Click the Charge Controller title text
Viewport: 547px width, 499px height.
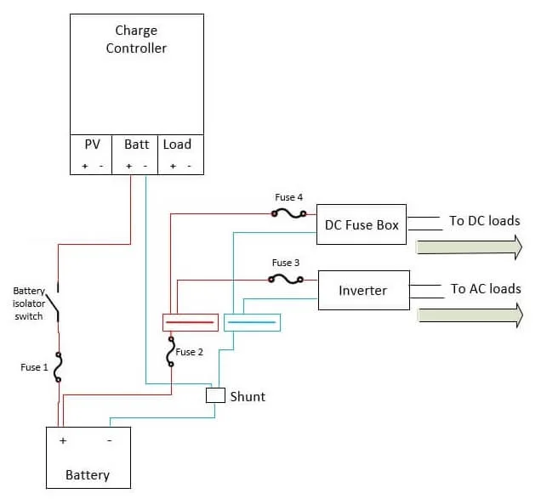(136, 39)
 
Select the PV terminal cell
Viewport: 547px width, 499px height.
(92, 153)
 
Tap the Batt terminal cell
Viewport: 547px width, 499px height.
(136, 153)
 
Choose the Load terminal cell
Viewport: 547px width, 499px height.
(177, 153)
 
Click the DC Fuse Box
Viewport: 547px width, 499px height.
(362, 224)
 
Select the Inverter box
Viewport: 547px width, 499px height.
(363, 291)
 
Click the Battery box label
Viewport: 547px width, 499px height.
(88, 474)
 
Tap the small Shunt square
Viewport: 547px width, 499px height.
(215, 395)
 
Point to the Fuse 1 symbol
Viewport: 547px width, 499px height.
(58, 366)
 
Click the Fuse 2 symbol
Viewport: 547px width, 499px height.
(171, 351)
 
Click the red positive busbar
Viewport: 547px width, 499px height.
(191, 323)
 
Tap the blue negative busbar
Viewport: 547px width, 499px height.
(252, 323)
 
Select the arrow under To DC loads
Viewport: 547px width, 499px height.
(469, 247)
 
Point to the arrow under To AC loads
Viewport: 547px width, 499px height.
(469, 315)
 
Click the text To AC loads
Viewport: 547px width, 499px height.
(485, 289)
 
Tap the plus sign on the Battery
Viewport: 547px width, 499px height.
(63, 441)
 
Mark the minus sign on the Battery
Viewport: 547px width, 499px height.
(109, 441)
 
